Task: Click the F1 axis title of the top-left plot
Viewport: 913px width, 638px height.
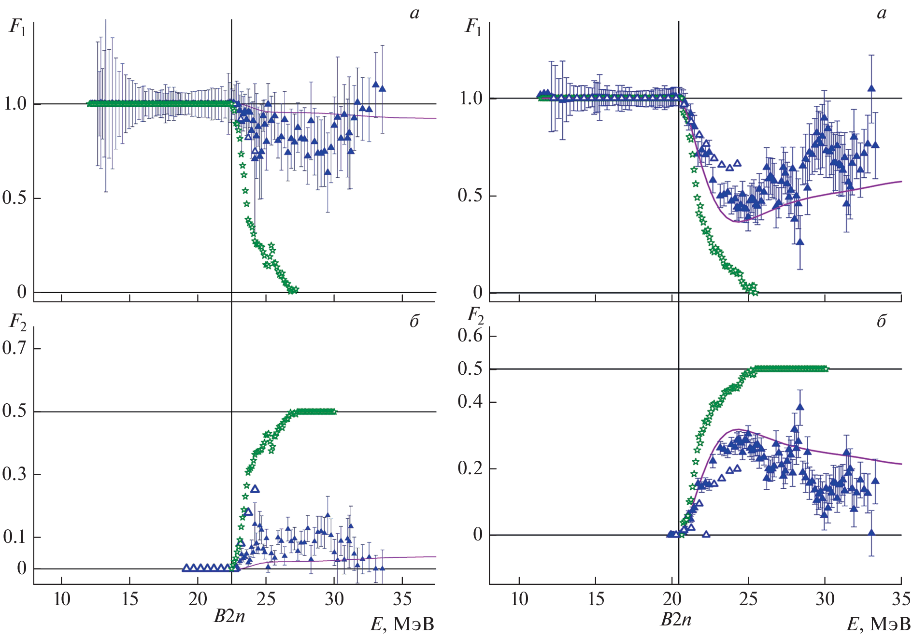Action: click(17, 27)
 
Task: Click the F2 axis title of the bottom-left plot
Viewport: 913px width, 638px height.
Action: click(17, 322)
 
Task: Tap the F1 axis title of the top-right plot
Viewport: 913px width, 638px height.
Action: click(473, 27)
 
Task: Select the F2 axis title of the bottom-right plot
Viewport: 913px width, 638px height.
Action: click(475, 316)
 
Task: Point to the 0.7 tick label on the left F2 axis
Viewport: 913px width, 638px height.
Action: click(14, 348)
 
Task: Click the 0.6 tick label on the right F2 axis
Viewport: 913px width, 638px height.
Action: click(470, 335)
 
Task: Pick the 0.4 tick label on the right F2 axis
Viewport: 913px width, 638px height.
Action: click(470, 401)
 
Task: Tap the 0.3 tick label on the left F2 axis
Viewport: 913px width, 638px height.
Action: click(14, 474)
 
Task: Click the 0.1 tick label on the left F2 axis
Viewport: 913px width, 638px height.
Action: click(14, 537)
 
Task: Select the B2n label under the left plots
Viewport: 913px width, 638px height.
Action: click(229, 617)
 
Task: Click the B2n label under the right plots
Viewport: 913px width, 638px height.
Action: click(676, 620)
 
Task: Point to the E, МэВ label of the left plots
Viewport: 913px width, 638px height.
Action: click(402, 624)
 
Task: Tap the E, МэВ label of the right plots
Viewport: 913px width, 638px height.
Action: click(878, 624)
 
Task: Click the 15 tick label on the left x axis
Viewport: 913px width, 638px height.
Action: click(130, 599)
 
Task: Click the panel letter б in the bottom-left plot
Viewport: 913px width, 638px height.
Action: click(414, 322)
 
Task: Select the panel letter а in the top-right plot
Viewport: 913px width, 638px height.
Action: click(882, 14)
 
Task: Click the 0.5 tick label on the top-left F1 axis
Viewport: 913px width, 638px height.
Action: click(14, 198)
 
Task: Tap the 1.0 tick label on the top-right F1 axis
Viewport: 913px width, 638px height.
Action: click(470, 99)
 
